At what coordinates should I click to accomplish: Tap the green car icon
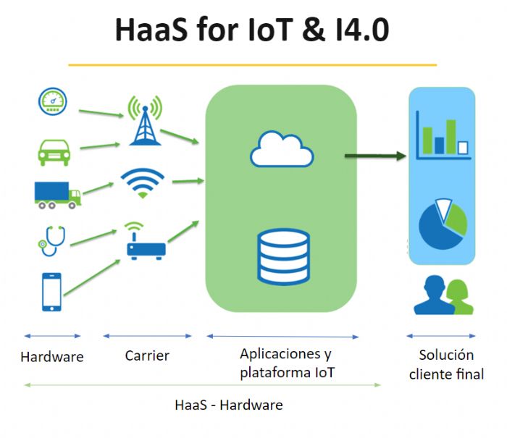(54, 151)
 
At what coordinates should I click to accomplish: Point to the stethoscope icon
(51, 240)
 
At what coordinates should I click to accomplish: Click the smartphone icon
(51, 291)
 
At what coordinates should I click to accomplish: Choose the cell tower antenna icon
(145, 119)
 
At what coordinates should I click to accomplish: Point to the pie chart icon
(443, 224)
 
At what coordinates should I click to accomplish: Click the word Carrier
(147, 355)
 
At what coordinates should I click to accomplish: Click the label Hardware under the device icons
(52, 357)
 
